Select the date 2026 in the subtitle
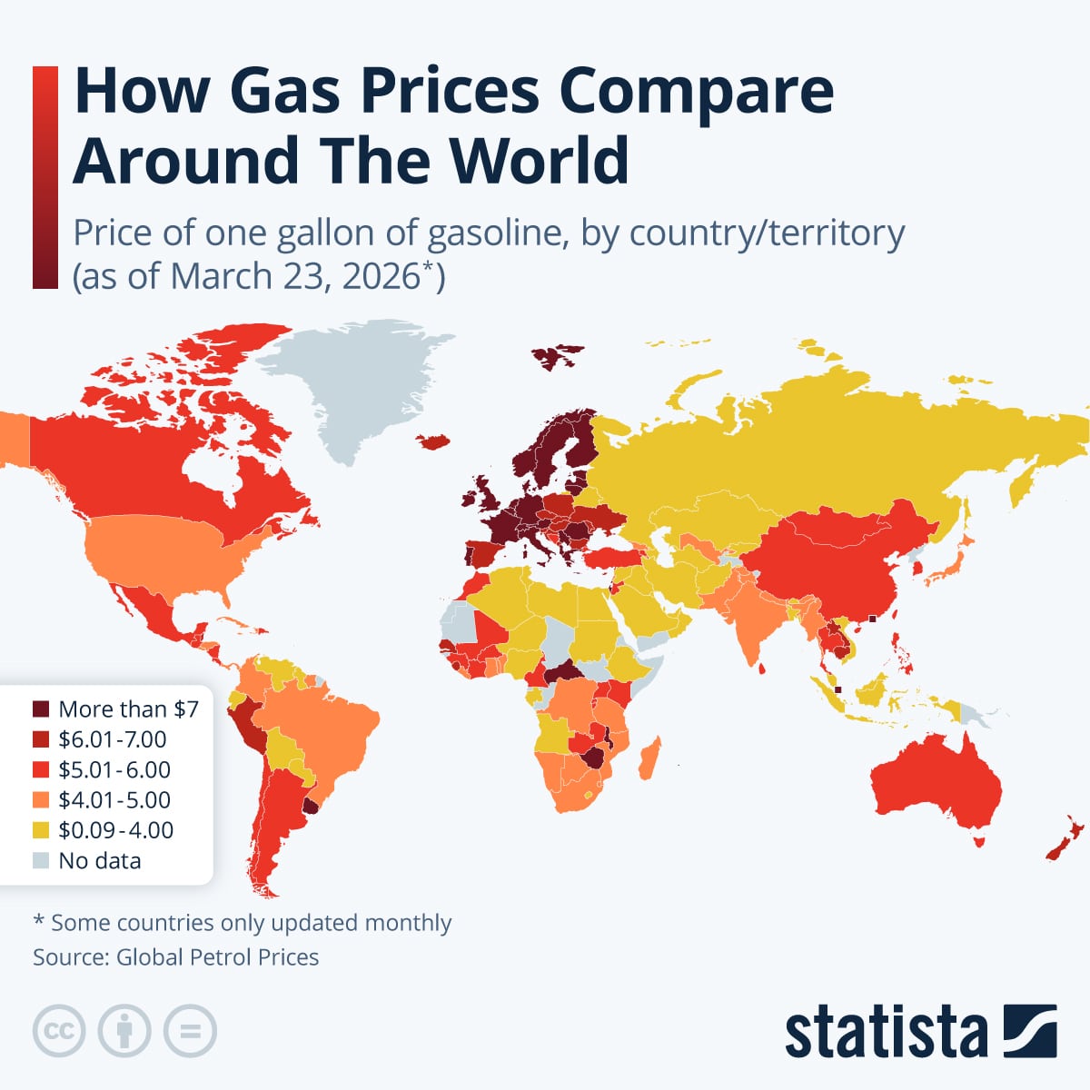[381, 276]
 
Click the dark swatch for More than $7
[41, 708]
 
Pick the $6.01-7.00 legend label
[113, 739]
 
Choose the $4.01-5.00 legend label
[114, 800]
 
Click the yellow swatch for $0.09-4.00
[41, 830]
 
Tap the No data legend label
[99, 861]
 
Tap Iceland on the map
[435, 441]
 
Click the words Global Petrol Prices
[217, 956]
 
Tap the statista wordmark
[886, 1033]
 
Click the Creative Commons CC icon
[59, 1031]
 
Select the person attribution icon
[124, 1031]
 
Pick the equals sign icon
[191, 1031]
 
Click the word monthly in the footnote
[408, 923]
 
